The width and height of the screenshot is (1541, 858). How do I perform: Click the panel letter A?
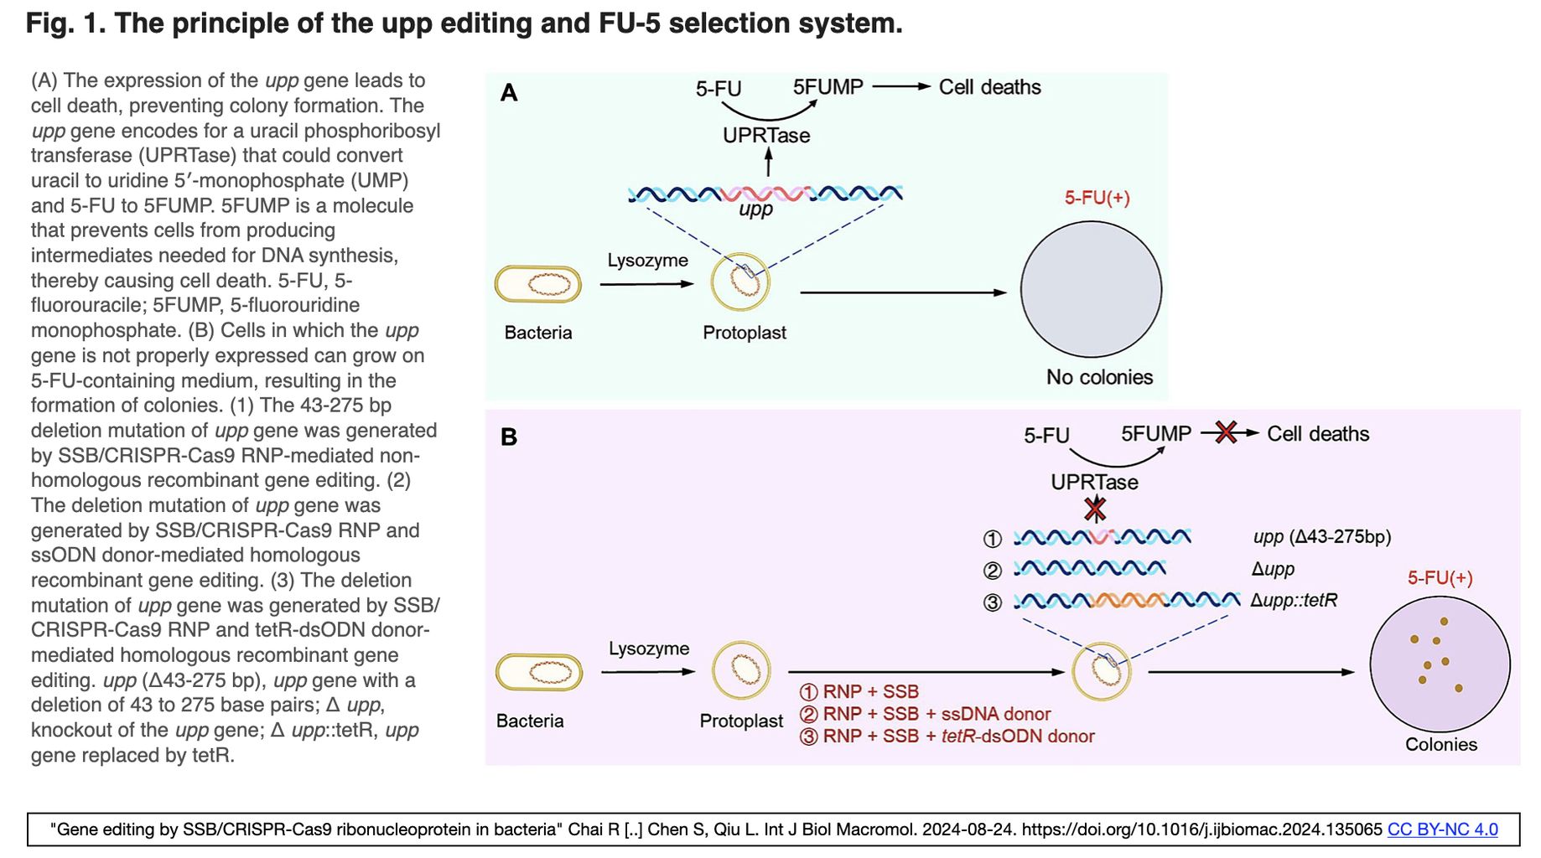[x=508, y=93]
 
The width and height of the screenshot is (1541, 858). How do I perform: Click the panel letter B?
[x=508, y=437]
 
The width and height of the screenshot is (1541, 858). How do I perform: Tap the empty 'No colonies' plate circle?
[x=1091, y=290]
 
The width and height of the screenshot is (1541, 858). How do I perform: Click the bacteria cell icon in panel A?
[x=538, y=284]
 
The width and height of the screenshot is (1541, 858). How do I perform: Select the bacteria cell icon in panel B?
[x=539, y=672]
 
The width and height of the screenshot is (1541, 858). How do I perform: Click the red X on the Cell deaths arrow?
[x=1226, y=432]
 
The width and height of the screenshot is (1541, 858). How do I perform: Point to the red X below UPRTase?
[x=1095, y=509]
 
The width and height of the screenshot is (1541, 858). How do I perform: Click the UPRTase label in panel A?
[x=766, y=136]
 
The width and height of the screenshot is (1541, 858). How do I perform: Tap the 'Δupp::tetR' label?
[x=1294, y=601]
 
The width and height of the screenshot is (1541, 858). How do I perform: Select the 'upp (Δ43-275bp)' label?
[x=1322, y=537]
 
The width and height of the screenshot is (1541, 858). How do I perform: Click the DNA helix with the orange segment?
[x=1126, y=601]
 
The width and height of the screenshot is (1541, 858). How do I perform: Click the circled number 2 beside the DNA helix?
[x=993, y=571]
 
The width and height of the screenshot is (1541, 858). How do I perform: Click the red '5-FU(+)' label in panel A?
[x=1097, y=198]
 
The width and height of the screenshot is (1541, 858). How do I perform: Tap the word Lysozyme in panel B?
[x=649, y=649]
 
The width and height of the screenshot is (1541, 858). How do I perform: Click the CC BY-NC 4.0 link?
[x=1442, y=830]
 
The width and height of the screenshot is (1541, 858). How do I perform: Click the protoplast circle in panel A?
[x=740, y=282]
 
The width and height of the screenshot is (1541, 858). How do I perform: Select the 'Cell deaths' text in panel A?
[x=989, y=87]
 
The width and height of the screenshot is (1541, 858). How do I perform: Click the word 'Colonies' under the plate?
[x=1440, y=744]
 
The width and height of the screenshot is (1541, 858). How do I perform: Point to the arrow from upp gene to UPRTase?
[x=768, y=163]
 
